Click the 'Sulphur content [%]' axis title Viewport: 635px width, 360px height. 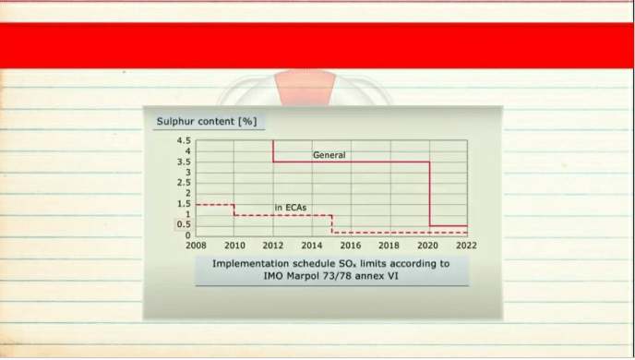207,122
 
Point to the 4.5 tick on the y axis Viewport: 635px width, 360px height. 184,141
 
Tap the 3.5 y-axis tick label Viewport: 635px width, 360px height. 184,162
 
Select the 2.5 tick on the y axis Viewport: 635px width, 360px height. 184,183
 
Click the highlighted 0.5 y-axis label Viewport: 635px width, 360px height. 184,224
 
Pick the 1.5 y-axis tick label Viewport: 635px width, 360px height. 184,204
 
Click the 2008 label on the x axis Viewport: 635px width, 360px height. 196,246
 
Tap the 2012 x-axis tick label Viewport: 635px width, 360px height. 273,246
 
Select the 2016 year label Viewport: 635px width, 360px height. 351,246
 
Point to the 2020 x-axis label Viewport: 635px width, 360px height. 427,246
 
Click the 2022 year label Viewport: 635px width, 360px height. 466,246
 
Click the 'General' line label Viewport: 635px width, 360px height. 329,155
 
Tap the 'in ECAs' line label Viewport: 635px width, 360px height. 291,208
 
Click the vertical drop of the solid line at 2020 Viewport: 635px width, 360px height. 430,194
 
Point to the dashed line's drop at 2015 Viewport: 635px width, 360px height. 332,224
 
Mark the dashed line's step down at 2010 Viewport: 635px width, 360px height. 234,210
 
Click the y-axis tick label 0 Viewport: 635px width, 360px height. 187,234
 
